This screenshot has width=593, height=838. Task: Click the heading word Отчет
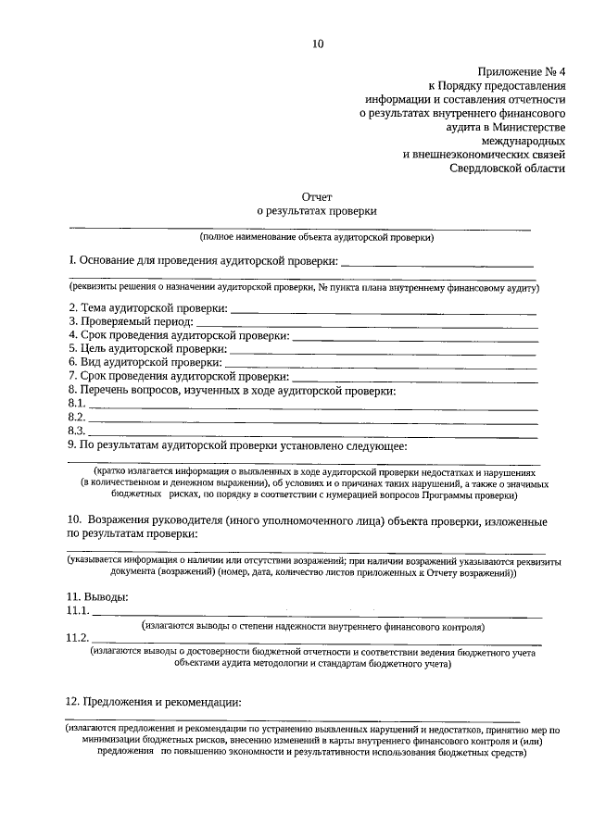(x=317, y=196)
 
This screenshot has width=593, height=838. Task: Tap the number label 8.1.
(x=77, y=405)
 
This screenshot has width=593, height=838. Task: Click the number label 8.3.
(x=77, y=432)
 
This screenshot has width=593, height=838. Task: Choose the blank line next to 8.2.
(x=312, y=419)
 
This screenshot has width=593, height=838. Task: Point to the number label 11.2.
(x=78, y=638)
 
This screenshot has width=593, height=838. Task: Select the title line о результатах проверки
(x=317, y=211)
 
